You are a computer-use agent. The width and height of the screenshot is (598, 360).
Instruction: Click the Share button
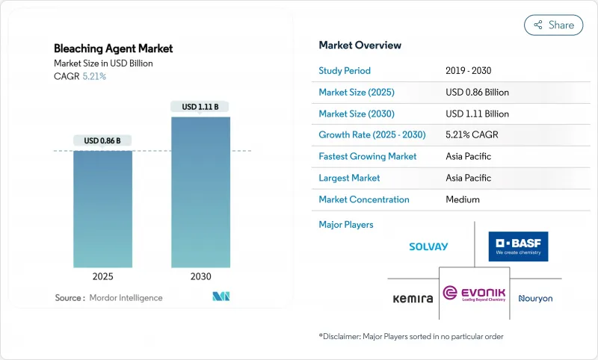tap(553, 25)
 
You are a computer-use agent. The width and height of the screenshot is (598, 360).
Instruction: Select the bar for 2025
tap(102, 209)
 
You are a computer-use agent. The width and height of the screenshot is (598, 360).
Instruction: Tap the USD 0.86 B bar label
tap(102, 140)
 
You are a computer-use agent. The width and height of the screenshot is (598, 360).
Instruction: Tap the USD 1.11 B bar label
tap(200, 107)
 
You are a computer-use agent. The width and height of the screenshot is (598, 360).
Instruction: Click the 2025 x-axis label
tap(102, 276)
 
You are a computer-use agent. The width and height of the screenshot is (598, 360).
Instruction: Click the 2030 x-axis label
tap(200, 276)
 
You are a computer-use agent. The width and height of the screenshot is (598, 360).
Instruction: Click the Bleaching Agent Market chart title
tap(114, 49)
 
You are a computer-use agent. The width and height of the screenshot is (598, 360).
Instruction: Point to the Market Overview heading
tap(360, 46)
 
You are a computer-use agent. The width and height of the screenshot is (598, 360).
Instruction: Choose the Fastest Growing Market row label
tap(368, 157)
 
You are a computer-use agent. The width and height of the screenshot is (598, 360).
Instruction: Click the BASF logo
tap(518, 246)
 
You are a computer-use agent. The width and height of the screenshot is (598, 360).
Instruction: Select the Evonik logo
tap(474, 293)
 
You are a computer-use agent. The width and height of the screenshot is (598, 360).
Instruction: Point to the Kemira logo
tap(413, 299)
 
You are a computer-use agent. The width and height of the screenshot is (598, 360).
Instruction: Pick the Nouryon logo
tap(535, 299)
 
